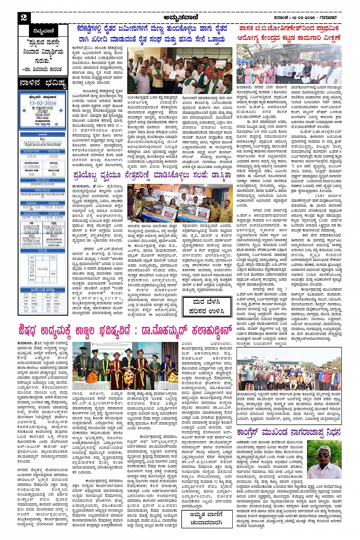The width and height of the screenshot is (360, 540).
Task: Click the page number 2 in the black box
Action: (x=24, y=17)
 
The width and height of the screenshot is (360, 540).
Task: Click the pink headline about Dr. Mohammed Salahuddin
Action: (x=125, y=331)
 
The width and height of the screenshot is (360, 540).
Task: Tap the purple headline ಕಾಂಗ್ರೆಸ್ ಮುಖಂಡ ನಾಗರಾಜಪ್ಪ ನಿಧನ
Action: (x=288, y=432)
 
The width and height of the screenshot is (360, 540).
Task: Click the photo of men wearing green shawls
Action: (x=180, y=70)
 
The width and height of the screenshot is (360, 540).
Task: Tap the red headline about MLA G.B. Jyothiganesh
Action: (x=289, y=33)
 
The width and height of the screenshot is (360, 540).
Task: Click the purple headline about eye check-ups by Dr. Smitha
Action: (x=152, y=176)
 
